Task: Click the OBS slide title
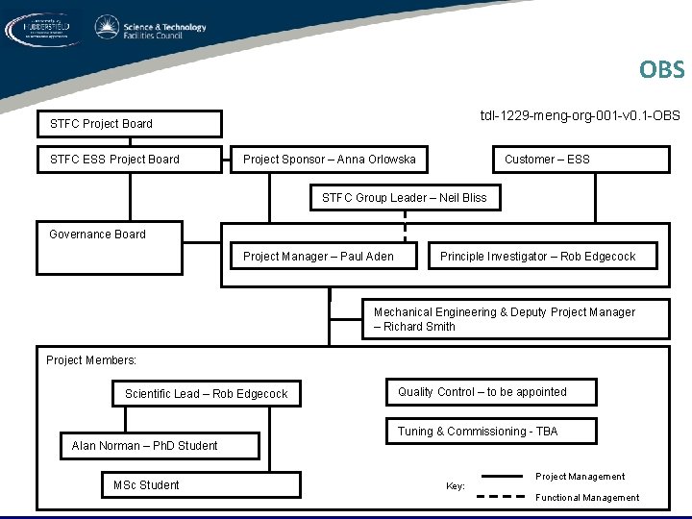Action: [x=661, y=70]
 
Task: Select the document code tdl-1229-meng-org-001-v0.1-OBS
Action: [x=580, y=115]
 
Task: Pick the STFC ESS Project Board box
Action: [x=129, y=159]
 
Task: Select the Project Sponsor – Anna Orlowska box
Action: [x=331, y=159]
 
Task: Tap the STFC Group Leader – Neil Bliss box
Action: [x=404, y=198]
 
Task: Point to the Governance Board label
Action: [x=97, y=234]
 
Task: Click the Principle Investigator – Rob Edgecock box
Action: [x=538, y=256]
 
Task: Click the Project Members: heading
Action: [x=91, y=360]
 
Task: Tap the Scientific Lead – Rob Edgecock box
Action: [x=207, y=393]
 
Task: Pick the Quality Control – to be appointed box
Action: [x=490, y=392]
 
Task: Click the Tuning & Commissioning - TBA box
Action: [x=490, y=432]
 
